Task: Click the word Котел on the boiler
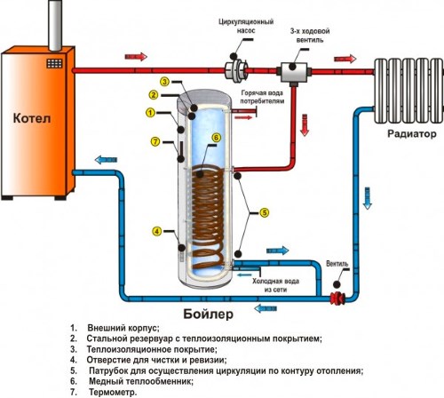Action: [x=32, y=118]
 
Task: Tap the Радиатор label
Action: [x=412, y=134]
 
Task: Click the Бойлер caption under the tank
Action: [x=209, y=314]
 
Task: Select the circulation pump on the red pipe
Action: [x=236, y=70]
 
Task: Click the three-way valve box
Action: [x=294, y=72]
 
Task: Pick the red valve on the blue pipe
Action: [x=337, y=298]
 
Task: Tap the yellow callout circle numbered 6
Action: [x=217, y=138]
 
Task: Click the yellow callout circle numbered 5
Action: [x=265, y=212]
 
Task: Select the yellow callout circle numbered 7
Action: [x=155, y=141]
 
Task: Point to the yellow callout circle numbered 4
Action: [x=156, y=231]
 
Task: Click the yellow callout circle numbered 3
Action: [x=165, y=82]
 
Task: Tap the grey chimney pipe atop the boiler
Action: [x=55, y=25]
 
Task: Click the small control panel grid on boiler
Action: [x=54, y=63]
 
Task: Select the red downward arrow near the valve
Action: [x=304, y=125]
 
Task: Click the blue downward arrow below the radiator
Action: [x=367, y=198]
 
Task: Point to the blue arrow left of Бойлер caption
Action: [x=266, y=308]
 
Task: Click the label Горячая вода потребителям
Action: [x=262, y=97]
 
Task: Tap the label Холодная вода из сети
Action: [x=275, y=285]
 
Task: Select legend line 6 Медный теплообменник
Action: [x=131, y=381]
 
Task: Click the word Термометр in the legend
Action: [x=113, y=393]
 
